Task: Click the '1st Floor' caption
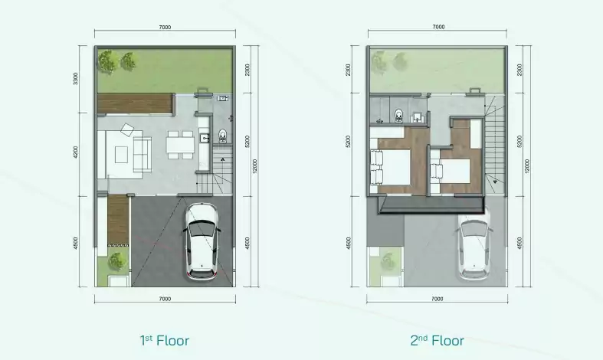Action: [164, 340]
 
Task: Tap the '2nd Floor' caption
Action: [437, 340]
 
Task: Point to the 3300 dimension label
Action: [76, 79]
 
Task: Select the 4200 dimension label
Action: [76, 152]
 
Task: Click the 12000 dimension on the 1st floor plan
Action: [254, 166]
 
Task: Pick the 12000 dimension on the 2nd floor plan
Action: [527, 166]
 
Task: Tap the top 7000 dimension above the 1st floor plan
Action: [165, 28]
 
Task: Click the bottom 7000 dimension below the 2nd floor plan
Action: [438, 299]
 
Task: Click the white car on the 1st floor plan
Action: [202, 241]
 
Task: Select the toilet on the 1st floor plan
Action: [223, 136]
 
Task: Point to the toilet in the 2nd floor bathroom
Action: [398, 115]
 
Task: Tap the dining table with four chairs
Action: [180, 145]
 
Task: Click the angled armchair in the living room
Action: [127, 129]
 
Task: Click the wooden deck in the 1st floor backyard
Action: [134, 103]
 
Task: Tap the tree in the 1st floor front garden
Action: [116, 261]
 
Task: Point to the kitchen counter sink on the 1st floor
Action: [205, 136]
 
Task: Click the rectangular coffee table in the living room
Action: [122, 155]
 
